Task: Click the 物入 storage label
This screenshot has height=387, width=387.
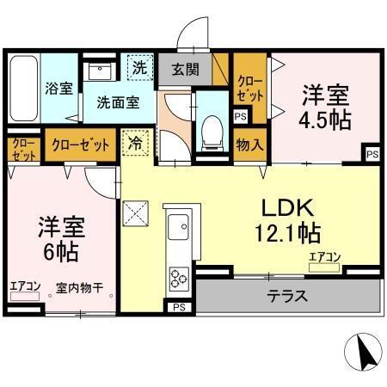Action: [x=249, y=144]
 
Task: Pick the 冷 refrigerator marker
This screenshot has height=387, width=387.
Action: [x=137, y=143]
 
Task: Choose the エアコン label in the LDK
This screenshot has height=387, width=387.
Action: [x=325, y=256]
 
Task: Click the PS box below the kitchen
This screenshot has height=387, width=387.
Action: [x=179, y=307]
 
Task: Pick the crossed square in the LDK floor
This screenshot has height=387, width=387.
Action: [x=136, y=210]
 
